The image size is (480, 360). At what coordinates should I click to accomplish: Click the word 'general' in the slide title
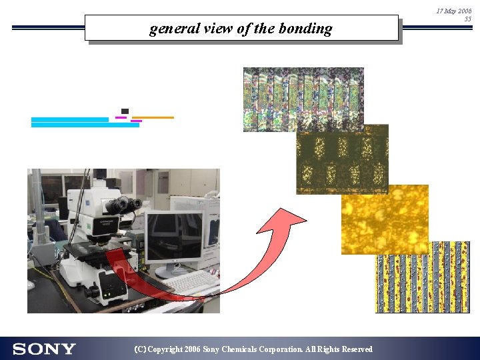pos(169,29)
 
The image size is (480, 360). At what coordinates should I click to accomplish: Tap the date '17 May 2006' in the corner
pos(454,11)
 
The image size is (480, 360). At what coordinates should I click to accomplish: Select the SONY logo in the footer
pos(44,349)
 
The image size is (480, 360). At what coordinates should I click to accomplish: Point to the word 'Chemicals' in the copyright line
pos(243,349)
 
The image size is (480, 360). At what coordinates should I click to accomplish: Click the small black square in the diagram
pos(125,111)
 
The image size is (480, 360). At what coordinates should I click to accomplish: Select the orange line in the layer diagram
pos(153,117)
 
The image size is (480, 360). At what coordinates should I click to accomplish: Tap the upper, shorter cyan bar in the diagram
pos(69,119)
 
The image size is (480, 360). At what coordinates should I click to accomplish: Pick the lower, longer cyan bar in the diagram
pos(85,125)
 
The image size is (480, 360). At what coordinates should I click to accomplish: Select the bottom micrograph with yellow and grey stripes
pos(422,277)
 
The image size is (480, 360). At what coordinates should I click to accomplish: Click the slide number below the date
pos(467,19)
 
